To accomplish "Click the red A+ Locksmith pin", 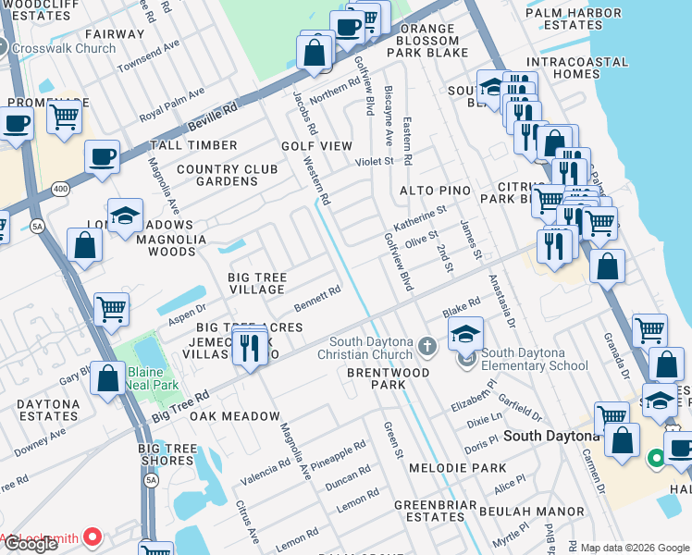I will pos(93,536).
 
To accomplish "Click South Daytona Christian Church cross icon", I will pos(426,346).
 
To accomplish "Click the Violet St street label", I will pos(375,161).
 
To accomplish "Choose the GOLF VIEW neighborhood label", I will pos(316,146).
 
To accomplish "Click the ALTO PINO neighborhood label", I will pos(435,191).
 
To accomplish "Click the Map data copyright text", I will pos(635,548).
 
